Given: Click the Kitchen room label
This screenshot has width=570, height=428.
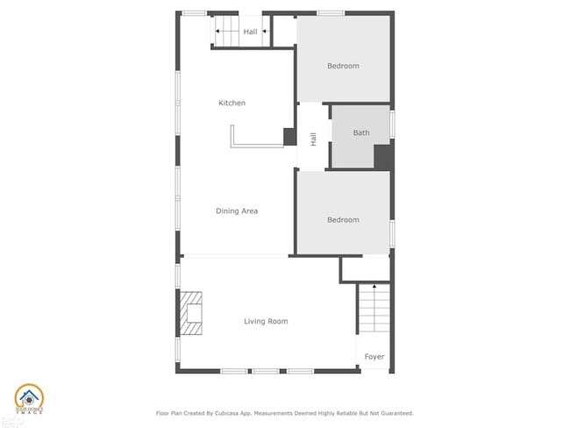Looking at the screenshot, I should coord(232,103).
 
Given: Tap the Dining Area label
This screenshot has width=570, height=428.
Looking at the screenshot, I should coord(237,210).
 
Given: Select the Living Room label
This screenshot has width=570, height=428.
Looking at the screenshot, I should coord(266,322).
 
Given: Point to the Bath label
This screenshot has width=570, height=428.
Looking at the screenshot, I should coord(361,133).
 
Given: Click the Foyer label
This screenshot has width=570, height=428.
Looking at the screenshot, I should coord(374,357).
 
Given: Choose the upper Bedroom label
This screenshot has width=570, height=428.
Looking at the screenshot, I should coord(343,66).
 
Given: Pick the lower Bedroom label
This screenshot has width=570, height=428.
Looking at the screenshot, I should coord(343,220).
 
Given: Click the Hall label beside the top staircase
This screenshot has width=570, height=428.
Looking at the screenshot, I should coord(250,32).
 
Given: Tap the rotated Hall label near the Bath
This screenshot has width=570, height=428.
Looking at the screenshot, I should coord(313,139).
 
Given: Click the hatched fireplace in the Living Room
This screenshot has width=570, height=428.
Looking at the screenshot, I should coord(192,313).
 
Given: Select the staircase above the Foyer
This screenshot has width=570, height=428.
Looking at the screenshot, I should coord(373,311).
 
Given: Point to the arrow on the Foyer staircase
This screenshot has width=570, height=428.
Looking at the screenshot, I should coord(374,288).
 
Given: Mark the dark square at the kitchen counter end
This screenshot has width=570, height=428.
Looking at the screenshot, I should coord(289,136).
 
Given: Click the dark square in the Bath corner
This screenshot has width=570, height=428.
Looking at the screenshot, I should coord(383,156).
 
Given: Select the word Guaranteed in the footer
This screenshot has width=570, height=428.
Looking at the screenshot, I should coord(392,413).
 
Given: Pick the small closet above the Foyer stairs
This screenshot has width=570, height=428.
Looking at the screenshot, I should coord(365,268).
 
